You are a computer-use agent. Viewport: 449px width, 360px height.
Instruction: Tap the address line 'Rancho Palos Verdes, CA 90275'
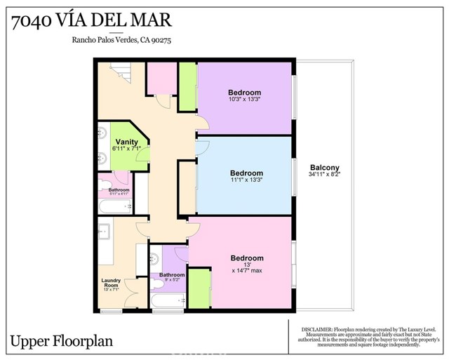[121, 41]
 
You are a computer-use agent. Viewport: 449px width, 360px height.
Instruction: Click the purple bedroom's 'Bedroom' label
[244, 93]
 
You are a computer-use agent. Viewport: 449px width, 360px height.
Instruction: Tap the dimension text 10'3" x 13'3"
[244, 100]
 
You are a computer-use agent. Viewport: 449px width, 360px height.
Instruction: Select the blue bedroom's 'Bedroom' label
[246, 173]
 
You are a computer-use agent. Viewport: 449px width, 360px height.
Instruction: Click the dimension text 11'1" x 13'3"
[246, 181]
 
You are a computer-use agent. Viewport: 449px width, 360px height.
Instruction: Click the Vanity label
[127, 142]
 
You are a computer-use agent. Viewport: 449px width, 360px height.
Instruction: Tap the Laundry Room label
[112, 284]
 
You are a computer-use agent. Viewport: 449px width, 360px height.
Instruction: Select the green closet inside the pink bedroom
[199, 288]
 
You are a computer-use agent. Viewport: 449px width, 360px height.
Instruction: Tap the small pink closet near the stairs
[161, 78]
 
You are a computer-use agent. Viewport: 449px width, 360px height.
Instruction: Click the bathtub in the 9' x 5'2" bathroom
[166, 302]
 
